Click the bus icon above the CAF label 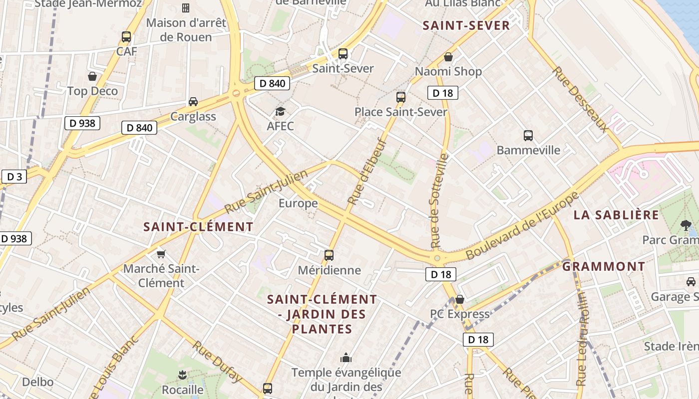click(x=126, y=36)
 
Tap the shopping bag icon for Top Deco click(x=92, y=76)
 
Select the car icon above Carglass click(x=193, y=102)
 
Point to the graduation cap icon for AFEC click(x=280, y=111)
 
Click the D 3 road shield click(x=14, y=177)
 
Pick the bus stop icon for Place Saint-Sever click(x=400, y=97)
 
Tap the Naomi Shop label click(x=448, y=71)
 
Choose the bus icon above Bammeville click(x=528, y=135)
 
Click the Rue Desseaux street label click(x=581, y=100)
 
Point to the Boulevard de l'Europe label click(x=522, y=225)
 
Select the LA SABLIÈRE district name click(x=616, y=215)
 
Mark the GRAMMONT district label click(x=604, y=266)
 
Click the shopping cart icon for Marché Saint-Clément click(x=161, y=254)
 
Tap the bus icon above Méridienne click(x=329, y=255)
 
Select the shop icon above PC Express click(x=460, y=299)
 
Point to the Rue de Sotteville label click(x=439, y=201)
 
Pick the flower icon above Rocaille click(x=182, y=375)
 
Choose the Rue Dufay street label click(x=217, y=362)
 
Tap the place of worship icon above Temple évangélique click(x=346, y=358)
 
